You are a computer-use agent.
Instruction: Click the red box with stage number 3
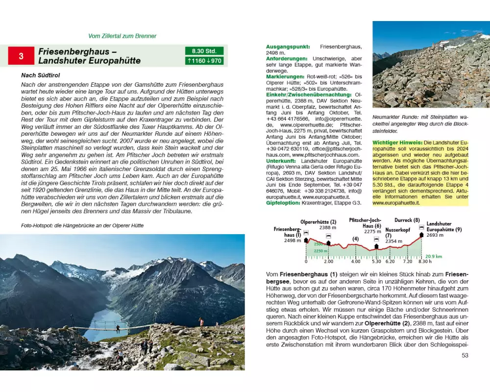(21, 56)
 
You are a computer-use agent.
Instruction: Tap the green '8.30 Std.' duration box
(204, 51)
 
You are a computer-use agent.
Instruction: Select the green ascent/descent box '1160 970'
(204, 61)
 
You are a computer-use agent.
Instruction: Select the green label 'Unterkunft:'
(282, 161)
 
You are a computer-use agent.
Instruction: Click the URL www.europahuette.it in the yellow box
(396, 202)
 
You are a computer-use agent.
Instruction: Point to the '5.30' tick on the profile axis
(376, 262)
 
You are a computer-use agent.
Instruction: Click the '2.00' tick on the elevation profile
(328, 262)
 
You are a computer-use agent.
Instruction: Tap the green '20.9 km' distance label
(433, 256)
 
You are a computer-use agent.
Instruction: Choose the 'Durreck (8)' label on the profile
(407, 220)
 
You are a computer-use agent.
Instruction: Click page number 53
(465, 355)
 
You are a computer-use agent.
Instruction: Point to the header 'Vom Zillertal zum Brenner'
(122, 36)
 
